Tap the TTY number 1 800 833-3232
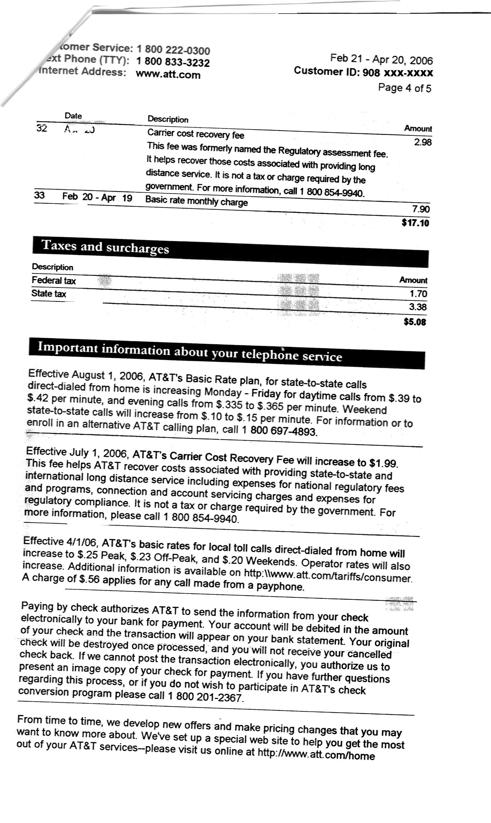[173, 62]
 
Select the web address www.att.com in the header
[168, 75]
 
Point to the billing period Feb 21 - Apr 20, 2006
[382, 59]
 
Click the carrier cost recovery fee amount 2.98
[423, 142]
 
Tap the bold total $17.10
[416, 223]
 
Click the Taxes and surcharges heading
[105, 247]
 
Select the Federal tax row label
[53, 281]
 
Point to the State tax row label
[49, 294]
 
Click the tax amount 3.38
[418, 307]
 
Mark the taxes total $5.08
[415, 322]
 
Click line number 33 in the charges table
[39, 195]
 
